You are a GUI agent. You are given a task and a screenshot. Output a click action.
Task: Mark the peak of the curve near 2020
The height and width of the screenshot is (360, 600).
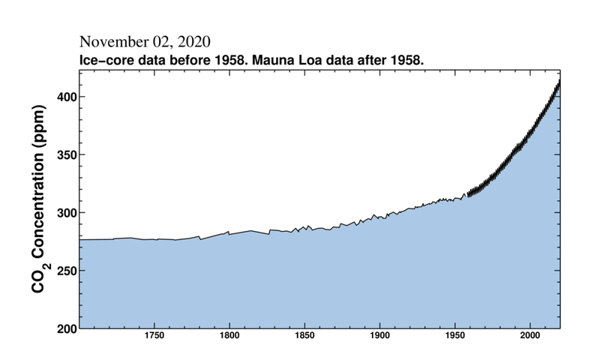559,79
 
